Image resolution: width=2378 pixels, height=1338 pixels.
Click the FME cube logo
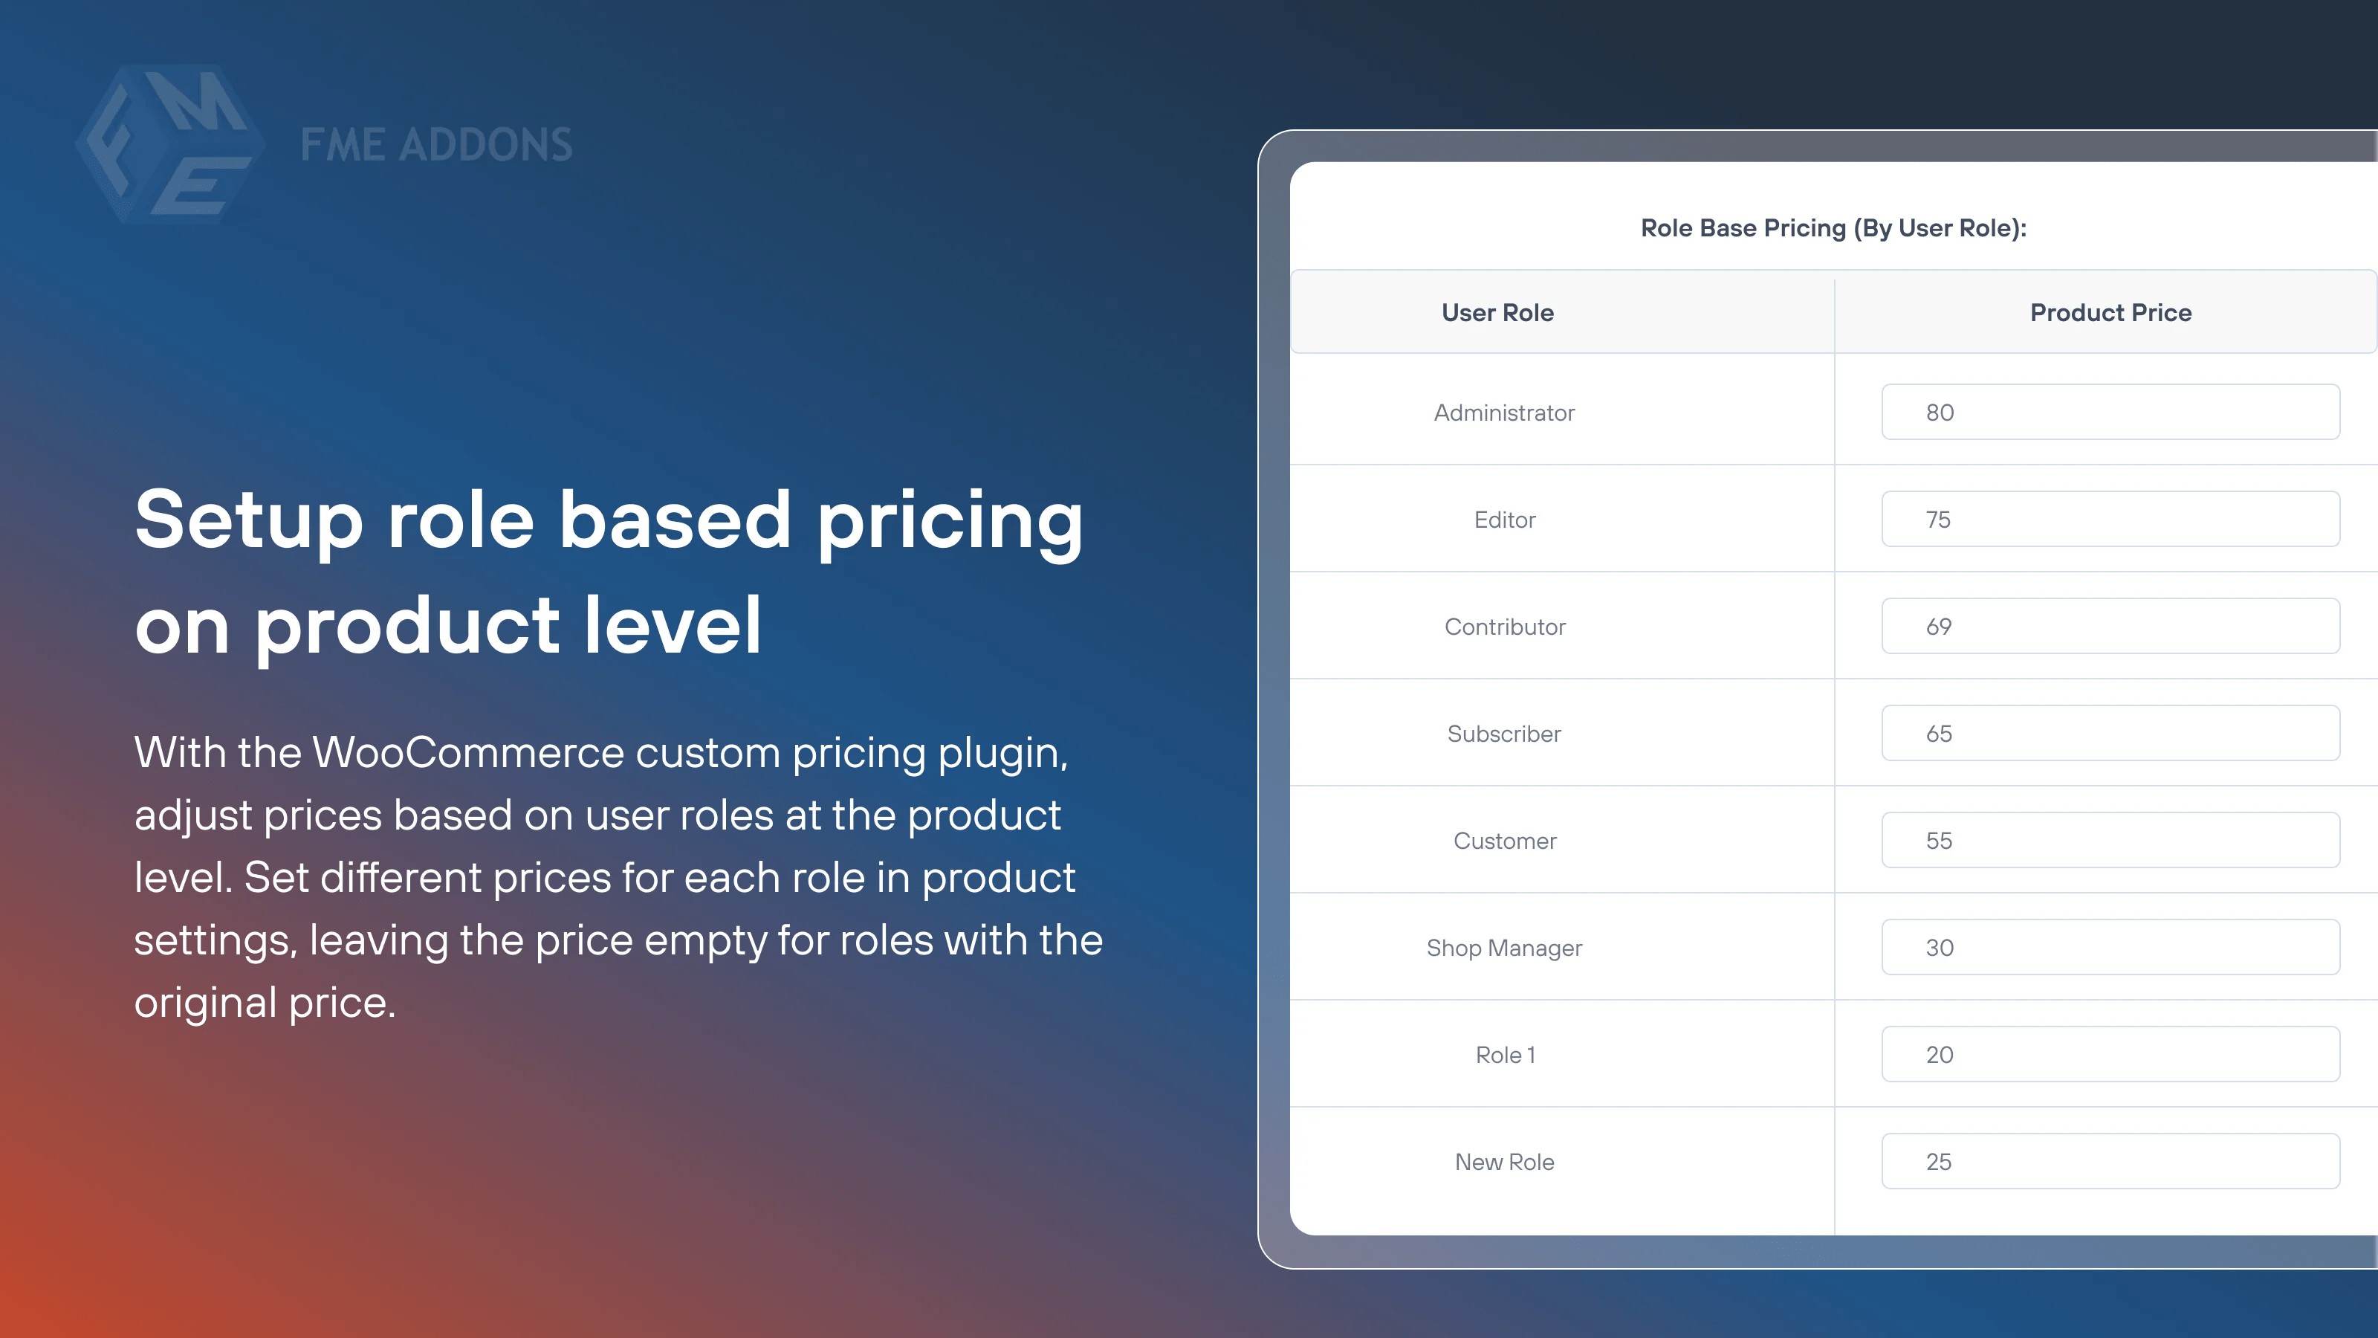tap(169, 144)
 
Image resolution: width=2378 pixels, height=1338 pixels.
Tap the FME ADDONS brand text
tap(435, 145)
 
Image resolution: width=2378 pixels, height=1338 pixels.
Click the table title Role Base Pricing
tap(1833, 228)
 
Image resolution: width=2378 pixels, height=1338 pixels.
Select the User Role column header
tap(1497, 313)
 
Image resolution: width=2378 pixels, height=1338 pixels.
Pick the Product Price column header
tap(2110, 313)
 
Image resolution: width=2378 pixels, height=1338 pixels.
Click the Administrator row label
tap(1504, 413)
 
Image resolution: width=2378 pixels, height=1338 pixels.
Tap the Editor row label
tap(1505, 520)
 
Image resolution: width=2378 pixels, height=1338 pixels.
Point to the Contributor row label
tap(1505, 627)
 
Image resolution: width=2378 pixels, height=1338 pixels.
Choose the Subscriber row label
tap(1504, 734)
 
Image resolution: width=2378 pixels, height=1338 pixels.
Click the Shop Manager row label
tap(1504, 948)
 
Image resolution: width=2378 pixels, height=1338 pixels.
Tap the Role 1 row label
tap(1505, 1056)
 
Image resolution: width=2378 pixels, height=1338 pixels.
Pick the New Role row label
tap(1505, 1163)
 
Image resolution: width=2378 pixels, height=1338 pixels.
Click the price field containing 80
tap(2110, 412)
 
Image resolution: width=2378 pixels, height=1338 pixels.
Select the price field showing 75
tap(2110, 519)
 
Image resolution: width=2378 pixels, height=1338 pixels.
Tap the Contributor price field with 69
tap(2110, 626)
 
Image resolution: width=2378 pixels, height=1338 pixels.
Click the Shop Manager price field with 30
tap(2110, 948)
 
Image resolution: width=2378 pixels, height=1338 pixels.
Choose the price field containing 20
tap(2110, 1055)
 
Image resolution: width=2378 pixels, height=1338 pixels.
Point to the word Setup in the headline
tap(248, 521)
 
